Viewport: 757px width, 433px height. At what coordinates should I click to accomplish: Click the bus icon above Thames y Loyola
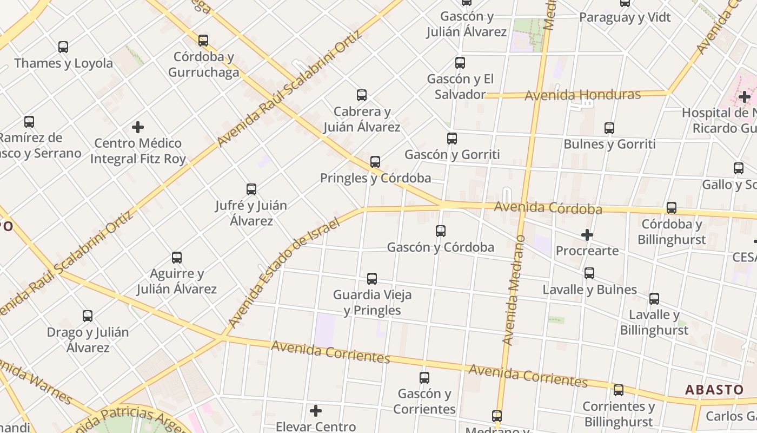pyautogui.click(x=63, y=47)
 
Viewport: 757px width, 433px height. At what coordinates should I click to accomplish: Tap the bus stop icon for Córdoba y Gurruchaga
pyautogui.click(x=203, y=41)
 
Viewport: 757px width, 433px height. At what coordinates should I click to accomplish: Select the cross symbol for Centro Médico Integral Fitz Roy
pyautogui.click(x=138, y=127)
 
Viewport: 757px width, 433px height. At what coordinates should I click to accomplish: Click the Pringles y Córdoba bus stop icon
pyautogui.click(x=375, y=162)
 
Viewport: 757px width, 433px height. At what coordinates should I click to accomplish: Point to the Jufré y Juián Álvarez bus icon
pyautogui.click(x=251, y=189)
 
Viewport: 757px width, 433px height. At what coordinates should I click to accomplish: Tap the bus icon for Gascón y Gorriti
pyautogui.click(x=452, y=139)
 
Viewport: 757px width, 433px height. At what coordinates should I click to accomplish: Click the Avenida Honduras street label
pyautogui.click(x=582, y=95)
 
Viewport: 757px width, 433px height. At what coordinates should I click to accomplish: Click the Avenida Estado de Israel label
pyautogui.click(x=283, y=272)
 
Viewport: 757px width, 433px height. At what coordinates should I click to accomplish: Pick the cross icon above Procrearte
pyautogui.click(x=587, y=235)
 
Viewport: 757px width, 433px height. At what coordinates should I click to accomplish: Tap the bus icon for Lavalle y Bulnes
pyautogui.click(x=589, y=273)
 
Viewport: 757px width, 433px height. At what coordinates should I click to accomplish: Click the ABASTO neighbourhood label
pyautogui.click(x=714, y=390)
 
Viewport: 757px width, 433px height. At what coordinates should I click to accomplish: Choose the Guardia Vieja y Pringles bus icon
pyautogui.click(x=372, y=279)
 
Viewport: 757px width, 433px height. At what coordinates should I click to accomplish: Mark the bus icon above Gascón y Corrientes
pyautogui.click(x=424, y=378)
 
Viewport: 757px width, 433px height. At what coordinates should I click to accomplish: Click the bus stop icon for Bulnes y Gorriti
pyautogui.click(x=609, y=128)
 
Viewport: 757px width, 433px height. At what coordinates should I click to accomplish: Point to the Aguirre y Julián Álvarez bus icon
pyautogui.click(x=177, y=258)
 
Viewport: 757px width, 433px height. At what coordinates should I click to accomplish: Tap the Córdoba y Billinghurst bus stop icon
pyautogui.click(x=672, y=208)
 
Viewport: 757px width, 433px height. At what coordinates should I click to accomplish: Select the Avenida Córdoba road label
pyautogui.click(x=548, y=208)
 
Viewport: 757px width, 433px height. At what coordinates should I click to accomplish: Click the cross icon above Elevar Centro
pyautogui.click(x=316, y=411)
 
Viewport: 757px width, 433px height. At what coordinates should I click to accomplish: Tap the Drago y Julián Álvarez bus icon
pyautogui.click(x=88, y=316)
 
